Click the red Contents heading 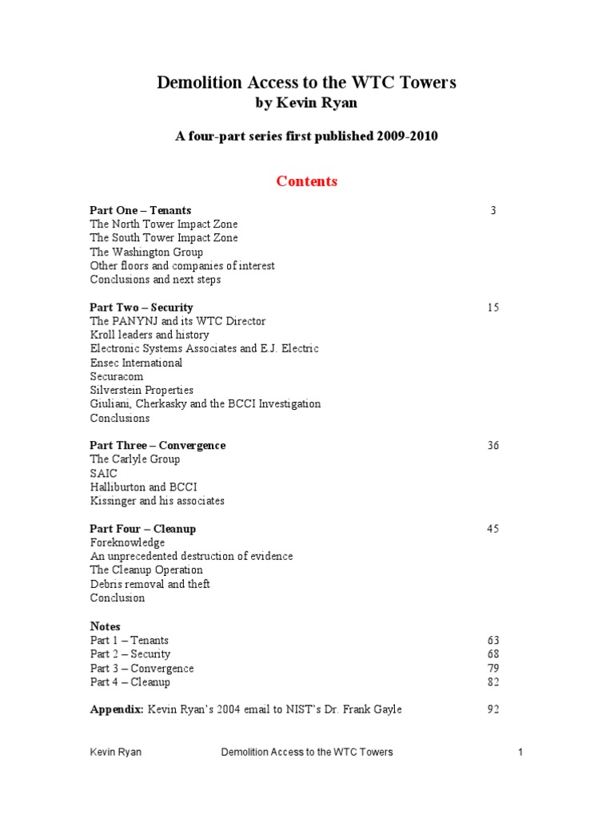coord(307,181)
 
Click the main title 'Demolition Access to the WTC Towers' coord(307,83)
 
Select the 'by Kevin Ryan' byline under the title coord(307,104)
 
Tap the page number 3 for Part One coord(493,210)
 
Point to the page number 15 coord(492,307)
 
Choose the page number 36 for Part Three coord(492,445)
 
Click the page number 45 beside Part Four coord(492,529)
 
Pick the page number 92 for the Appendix coord(492,709)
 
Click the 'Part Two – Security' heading coord(142,307)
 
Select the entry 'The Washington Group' coord(146,252)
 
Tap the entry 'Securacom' coord(117,376)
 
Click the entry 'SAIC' coord(103,473)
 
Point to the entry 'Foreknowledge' coord(127,542)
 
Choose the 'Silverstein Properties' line coord(142,390)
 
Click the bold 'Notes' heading coord(105,626)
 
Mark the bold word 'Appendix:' coord(116,709)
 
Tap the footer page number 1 coord(520,752)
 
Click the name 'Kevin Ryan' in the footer coord(116,752)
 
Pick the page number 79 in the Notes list coord(492,668)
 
